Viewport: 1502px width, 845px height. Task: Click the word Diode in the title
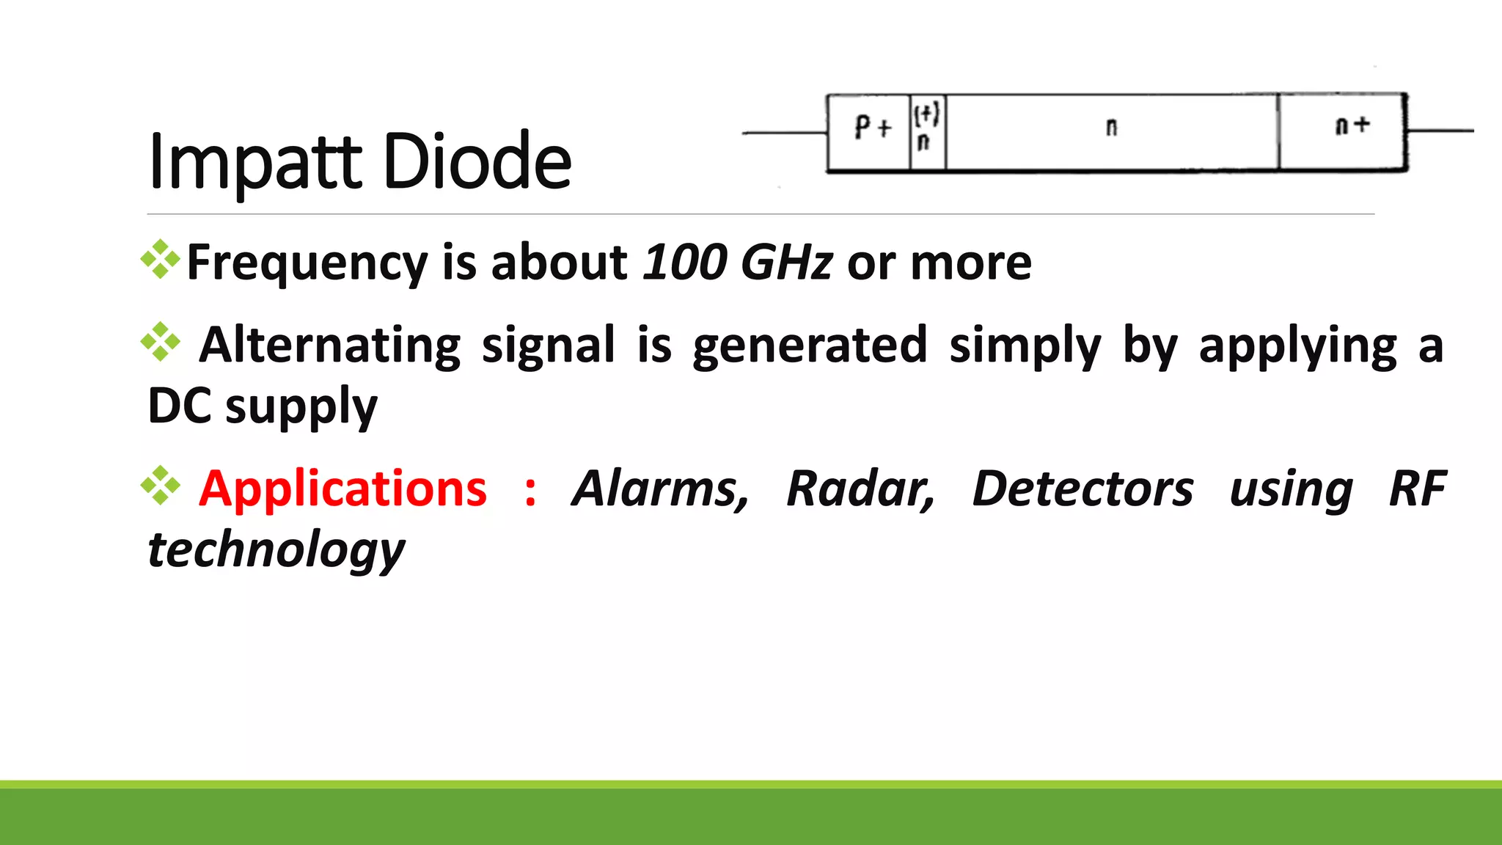pyautogui.click(x=477, y=161)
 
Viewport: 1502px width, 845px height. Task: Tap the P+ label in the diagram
pyautogui.click(x=873, y=128)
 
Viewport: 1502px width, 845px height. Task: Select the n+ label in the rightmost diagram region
pyautogui.click(x=1352, y=125)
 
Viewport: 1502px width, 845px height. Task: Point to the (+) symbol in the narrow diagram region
pyautogui.click(x=926, y=114)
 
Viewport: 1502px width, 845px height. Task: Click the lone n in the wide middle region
pyautogui.click(x=1111, y=128)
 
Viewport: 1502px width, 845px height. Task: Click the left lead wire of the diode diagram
pyautogui.click(x=784, y=133)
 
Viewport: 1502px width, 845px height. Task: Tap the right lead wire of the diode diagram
pyautogui.click(x=1440, y=131)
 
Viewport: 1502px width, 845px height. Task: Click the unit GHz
pyautogui.click(x=786, y=262)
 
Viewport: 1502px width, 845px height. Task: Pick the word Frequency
pyautogui.click(x=307, y=263)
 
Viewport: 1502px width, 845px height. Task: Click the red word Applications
pyautogui.click(x=342, y=489)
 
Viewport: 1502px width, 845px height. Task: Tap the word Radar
pyautogui.click(x=860, y=489)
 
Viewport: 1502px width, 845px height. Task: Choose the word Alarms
pyautogui.click(x=660, y=489)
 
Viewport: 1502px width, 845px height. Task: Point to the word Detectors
pyautogui.click(x=1082, y=489)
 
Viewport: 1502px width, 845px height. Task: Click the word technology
pyautogui.click(x=276, y=550)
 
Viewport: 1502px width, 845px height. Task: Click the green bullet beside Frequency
pyautogui.click(x=161, y=260)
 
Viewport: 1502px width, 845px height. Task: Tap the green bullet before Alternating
pyautogui.click(x=161, y=343)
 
